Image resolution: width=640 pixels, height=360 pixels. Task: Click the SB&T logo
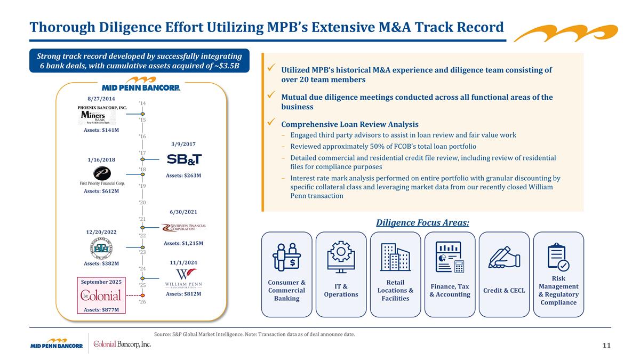[184, 159]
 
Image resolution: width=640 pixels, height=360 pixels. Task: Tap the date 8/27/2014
[101, 99]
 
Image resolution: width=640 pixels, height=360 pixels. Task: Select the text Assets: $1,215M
[183, 243]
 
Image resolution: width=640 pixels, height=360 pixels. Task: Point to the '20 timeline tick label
[142, 203]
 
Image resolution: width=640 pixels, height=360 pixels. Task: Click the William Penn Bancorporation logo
[183, 278]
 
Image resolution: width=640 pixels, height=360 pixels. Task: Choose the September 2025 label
[101, 282]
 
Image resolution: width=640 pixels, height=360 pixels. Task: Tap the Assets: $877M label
[101, 309]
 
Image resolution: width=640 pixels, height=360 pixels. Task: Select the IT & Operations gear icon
[341, 258]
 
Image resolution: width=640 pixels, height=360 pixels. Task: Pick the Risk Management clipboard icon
[558, 257]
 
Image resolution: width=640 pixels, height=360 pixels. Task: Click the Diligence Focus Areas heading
[422, 222]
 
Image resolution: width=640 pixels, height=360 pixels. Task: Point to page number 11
[606, 346]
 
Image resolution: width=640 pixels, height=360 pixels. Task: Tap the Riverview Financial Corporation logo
[184, 228]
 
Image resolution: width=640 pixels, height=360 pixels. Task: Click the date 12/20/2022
[101, 233]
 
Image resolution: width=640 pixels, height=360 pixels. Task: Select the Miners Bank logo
[96, 117]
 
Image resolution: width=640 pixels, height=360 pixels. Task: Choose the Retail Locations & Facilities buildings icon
[395, 257]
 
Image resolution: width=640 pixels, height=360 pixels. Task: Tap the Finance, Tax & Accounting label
[450, 291]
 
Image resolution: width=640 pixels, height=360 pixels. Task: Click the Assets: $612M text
[101, 191]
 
